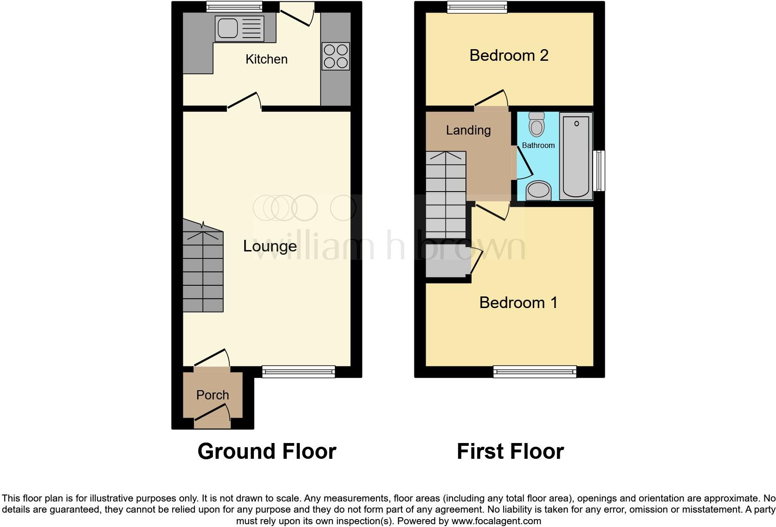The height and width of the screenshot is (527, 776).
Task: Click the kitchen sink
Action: coord(239,28)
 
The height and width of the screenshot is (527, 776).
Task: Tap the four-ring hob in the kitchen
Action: coord(336,56)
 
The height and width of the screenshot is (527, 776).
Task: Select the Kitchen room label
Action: coord(266,59)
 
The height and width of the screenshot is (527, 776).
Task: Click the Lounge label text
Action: coord(270,246)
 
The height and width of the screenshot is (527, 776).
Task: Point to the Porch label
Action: coord(213,395)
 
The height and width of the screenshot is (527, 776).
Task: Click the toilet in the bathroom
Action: coord(537,124)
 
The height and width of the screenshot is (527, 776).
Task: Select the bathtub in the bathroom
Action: coord(576,155)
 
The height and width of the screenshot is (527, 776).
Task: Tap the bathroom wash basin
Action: coord(538,190)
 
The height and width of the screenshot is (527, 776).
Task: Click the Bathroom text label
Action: coord(538,145)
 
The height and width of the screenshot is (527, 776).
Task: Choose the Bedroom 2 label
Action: coord(509,55)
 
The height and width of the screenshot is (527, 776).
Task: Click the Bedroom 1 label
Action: coord(518,302)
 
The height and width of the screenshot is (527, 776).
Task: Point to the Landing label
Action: coord(468,130)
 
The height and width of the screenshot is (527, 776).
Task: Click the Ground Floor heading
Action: coord(267,451)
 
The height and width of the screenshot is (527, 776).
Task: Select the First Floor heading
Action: coord(510,451)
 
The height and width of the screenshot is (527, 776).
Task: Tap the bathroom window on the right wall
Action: coord(601,170)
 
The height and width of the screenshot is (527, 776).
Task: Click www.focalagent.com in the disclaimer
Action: coord(496,521)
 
